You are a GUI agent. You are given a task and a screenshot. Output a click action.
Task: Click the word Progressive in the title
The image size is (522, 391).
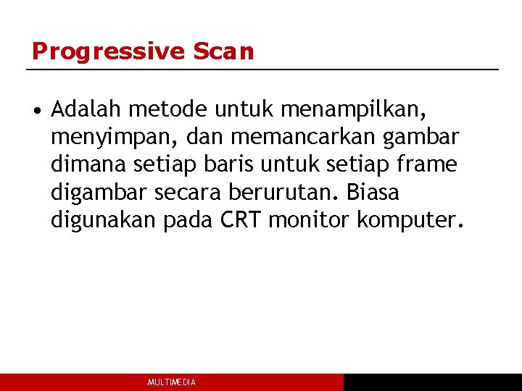[109, 51]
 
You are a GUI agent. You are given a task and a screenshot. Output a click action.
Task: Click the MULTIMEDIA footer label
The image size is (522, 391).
[171, 382]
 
